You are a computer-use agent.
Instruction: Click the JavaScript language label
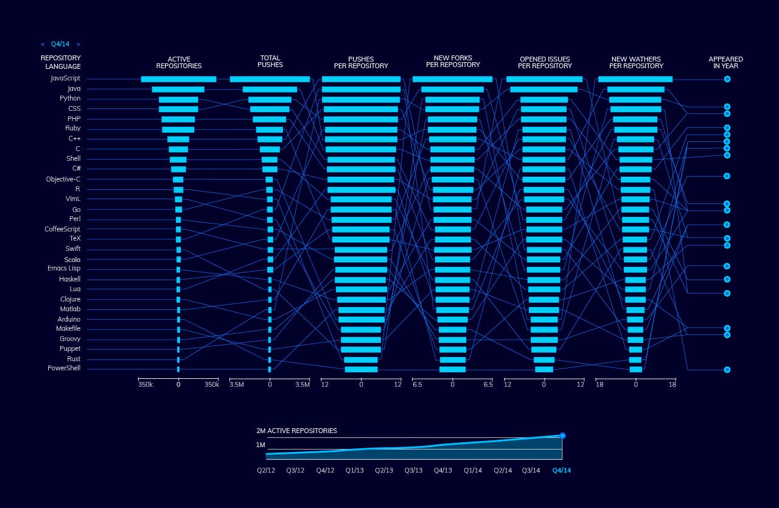point(65,79)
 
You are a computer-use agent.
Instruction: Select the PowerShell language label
point(64,369)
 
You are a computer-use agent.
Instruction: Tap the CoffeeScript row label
point(62,229)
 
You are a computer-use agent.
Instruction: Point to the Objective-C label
point(63,179)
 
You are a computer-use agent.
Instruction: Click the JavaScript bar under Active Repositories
point(178,79)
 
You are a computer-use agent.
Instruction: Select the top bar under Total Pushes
point(270,79)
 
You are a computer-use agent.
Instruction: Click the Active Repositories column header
point(178,62)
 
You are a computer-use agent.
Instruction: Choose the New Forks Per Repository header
point(453,62)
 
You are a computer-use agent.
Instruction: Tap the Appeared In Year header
point(725,62)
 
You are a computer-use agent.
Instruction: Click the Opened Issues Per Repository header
point(545,62)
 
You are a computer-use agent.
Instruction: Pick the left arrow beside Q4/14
point(43,44)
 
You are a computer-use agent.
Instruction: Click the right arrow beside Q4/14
point(78,44)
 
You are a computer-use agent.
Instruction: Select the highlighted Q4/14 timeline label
point(561,470)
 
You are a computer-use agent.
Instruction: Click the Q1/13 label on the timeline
point(354,470)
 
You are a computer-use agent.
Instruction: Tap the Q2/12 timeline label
point(266,470)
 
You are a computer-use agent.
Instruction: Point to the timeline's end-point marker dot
point(562,436)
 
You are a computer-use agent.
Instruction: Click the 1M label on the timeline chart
point(260,445)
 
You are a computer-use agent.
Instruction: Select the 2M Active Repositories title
point(296,431)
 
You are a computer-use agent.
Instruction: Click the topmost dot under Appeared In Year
point(727,79)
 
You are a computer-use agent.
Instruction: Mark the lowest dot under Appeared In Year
point(727,370)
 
